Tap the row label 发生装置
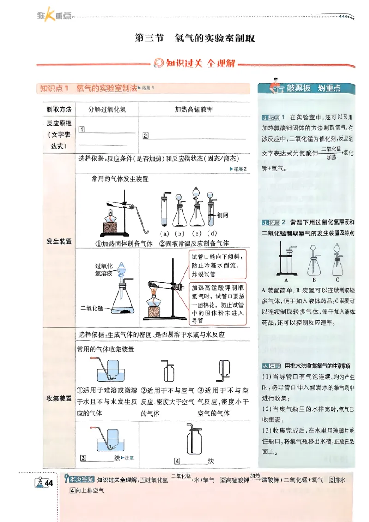59,241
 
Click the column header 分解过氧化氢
107,109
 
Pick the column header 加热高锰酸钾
194,109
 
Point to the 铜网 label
223,215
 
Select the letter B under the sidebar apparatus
314,279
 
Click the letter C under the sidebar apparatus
338,279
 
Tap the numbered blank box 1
82,129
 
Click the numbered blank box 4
177,461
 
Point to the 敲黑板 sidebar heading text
299,88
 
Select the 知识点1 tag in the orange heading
54,88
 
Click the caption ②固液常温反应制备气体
194,243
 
